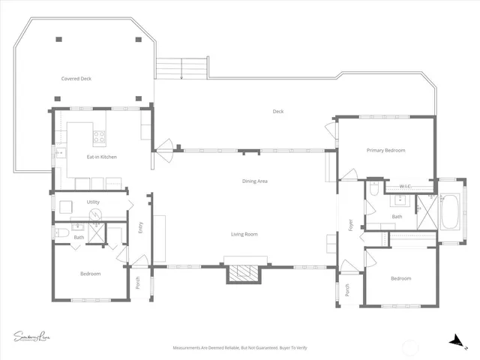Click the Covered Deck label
(76, 78)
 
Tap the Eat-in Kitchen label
(101, 157)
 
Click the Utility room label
(93, 202)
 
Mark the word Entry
(140, 227)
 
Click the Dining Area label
(255, 181)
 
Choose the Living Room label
(243, 235)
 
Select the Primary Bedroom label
(385, 151)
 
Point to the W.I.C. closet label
(406, 186)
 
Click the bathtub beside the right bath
(450, 214)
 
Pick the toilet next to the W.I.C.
(373, 190)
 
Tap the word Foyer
(349, 223)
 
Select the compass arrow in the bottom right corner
(454, 340)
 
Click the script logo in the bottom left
(34, 335)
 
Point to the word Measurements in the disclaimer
(189, 348)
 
